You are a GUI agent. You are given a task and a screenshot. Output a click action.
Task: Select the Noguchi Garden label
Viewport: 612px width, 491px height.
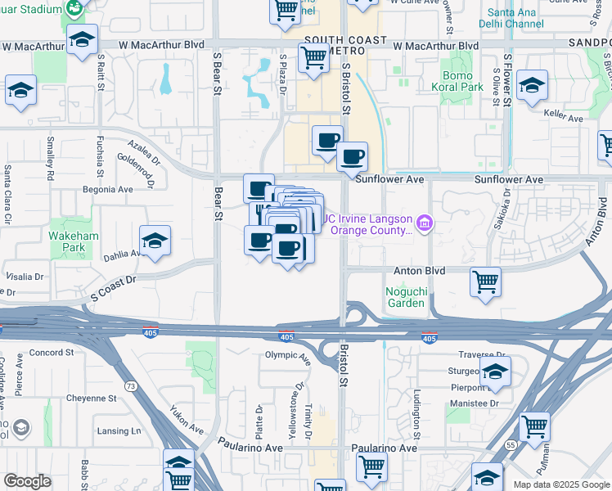tap(405, 297)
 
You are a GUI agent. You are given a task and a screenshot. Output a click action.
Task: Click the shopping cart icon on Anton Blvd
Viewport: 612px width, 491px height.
tap(486, 282)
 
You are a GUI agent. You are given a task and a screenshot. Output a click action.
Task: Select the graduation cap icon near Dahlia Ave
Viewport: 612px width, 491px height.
tap(155, 240)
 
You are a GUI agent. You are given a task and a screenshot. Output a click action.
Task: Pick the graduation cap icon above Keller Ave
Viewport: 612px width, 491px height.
tap(532, 85)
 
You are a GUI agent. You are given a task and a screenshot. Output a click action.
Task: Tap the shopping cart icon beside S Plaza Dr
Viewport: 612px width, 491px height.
tap(313, 58)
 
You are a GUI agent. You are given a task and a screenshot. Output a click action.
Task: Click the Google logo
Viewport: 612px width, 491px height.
tap(27, 481)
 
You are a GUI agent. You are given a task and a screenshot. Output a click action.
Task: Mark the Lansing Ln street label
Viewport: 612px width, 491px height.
tap(119, 430)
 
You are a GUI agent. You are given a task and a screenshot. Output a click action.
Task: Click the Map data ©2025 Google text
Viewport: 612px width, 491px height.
tap(560, 484)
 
